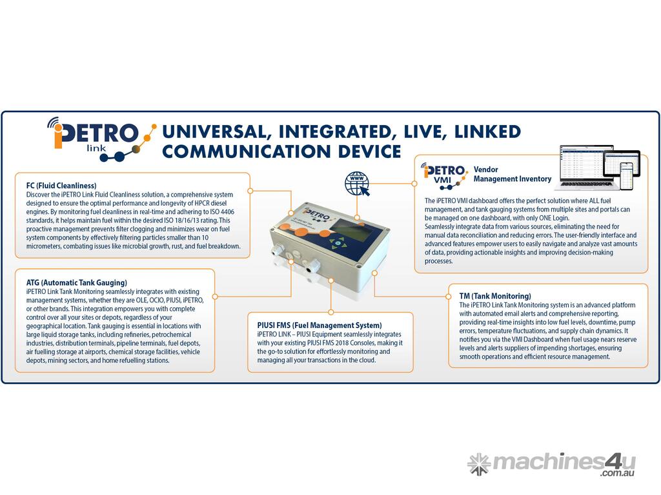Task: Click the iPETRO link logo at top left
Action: click(x=101, y=139)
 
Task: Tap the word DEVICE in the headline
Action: click(x=369, y=151)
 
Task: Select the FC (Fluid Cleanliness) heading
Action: click(x=61, y=186)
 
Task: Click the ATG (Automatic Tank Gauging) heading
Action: click(x=76, y=282)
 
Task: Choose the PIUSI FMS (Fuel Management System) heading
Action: click(x=320, y=325)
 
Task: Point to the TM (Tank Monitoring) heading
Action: click(x=495, y=296)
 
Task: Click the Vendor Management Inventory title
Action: click(x=512, y=174)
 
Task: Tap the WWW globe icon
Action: click(x=357, y=184)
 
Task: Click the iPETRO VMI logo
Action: click(x=444, y=175)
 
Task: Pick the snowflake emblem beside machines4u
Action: click(x=479, y=464)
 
